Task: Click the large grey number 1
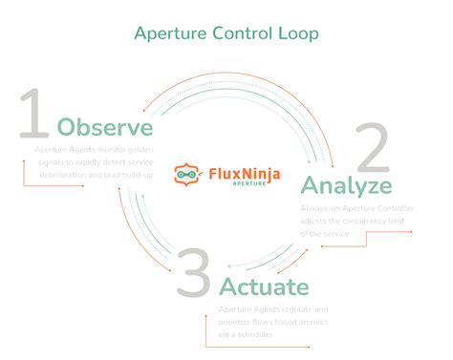click(33, 116)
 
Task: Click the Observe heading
click(105, 127)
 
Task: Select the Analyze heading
click(346, 184)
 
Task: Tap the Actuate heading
click(264, 286)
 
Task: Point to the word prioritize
click(241, 322)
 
